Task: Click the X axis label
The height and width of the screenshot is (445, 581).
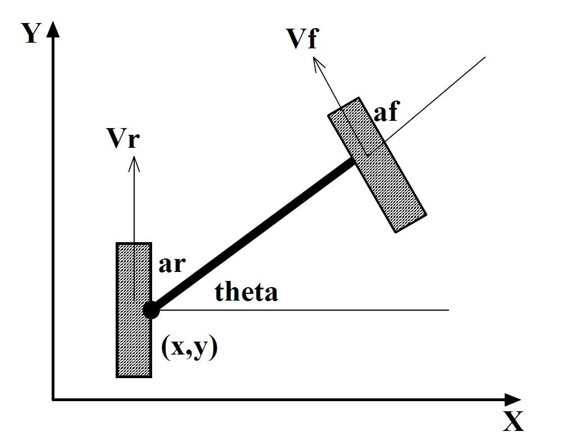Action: click(x=513, y=420)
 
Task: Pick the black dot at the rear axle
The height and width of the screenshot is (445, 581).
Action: click(x=150, y=310)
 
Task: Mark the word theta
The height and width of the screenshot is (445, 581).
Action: click(x=246, y=292)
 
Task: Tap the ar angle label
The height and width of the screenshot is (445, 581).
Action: click(x=171, y=264)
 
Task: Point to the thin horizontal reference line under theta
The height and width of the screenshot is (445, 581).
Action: click(x=337, y=310)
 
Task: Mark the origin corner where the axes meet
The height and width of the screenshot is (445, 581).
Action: click(x=53, y=399)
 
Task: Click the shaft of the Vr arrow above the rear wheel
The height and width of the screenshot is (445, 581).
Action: click(x=134, y=202)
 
